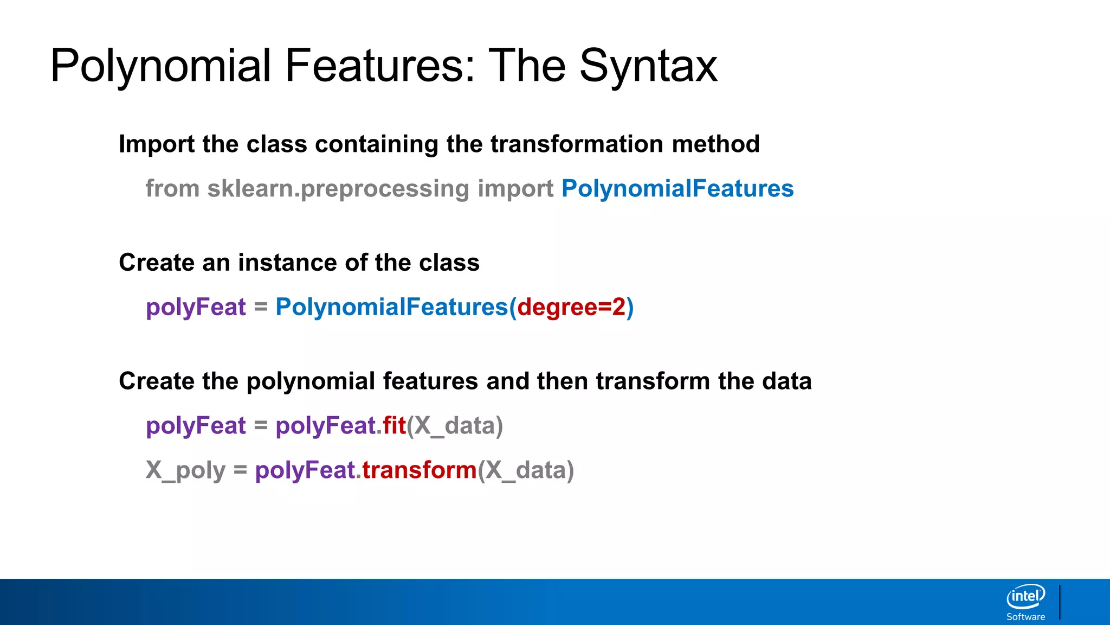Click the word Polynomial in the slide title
click(x=160, y=66)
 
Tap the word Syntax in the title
click(x=648, y=66)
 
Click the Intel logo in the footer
click(x=1025, y=597)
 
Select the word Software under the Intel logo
click(x=1025, y=617)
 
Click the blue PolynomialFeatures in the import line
click(x=677, y=189)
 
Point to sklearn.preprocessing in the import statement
click(x=338, y=189)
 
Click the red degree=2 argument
click(x=571, y=307)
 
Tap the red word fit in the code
click(x=394, y=425)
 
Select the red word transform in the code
click(x=420, y=470)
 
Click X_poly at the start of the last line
click(x=185, y=470)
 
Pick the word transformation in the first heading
click(x=577, y=144)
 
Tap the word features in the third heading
click(x=430, y=381)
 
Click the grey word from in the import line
click(x=172, y=189)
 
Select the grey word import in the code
click(x=515, y=189)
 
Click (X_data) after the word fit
click(x=455, y=425)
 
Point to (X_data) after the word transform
click(x=526, y=470)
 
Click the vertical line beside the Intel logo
click(x=1060, y=602)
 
